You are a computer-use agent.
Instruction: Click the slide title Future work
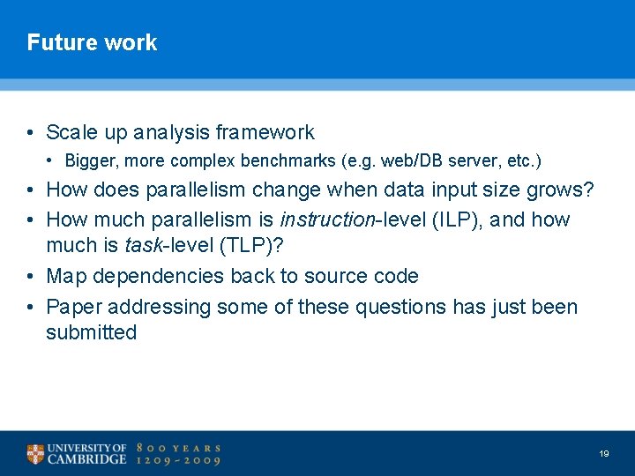(92, 42)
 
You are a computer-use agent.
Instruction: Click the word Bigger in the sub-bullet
(88, 161)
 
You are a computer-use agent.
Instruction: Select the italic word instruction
(327, 219)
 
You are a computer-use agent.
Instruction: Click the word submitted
(91, 332)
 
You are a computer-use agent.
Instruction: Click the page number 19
(603, 453)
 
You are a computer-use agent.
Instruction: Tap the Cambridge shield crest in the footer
(35, 454)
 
